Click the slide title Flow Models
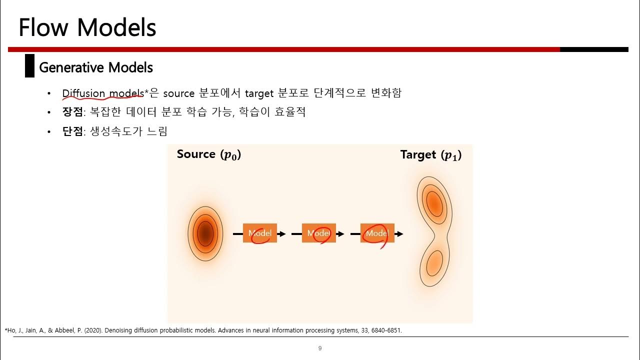87,27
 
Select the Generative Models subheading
96,67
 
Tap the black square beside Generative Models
29,66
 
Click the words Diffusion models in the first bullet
103,93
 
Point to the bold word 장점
72,112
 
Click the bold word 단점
72,131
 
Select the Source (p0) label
209,154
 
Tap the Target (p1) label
430,155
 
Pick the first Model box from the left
260,233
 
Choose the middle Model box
318,233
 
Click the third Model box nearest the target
377,233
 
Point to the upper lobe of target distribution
433,202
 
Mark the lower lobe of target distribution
433,261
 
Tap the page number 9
320,348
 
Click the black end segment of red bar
594,49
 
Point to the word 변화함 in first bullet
386,93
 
